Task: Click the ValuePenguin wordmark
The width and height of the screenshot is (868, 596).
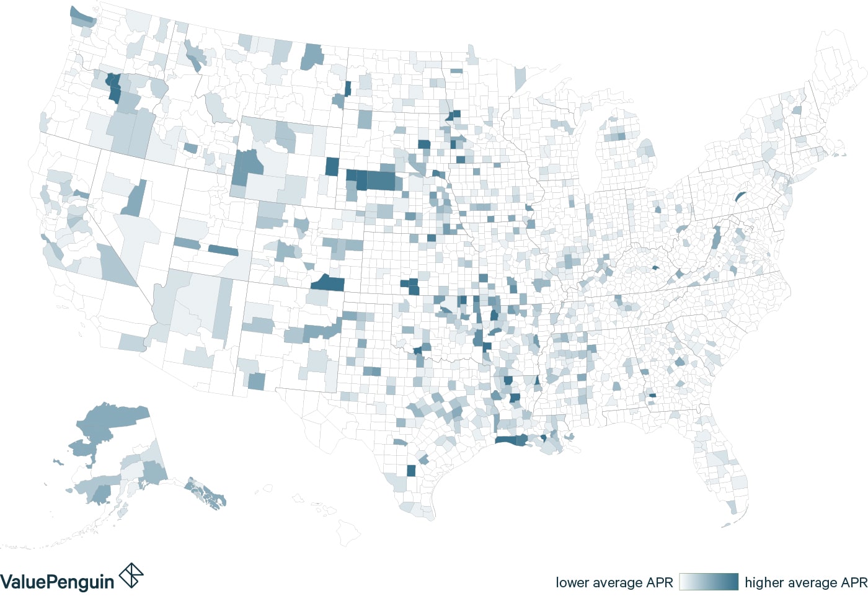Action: (57, 582)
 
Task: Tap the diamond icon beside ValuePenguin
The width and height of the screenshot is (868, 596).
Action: (131, 575)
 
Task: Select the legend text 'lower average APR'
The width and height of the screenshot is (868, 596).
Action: (614, 582)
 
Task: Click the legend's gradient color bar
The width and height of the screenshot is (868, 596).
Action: (709, 582)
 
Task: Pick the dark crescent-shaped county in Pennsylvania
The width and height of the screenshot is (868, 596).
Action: (739, 197)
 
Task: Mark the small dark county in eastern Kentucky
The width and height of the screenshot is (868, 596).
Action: (655, 269)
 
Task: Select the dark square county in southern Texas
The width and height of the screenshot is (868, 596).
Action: (411, 471)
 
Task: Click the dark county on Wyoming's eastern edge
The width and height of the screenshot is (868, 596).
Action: (332, 167)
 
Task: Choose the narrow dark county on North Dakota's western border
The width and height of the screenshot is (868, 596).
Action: (347, 88)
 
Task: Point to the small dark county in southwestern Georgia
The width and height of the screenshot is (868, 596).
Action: (652, 395)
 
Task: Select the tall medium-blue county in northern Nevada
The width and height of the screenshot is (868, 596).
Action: (135, 199)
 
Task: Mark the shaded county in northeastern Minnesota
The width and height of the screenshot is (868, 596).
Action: (520, 79)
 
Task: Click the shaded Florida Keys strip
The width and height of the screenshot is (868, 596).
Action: (726, 525)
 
